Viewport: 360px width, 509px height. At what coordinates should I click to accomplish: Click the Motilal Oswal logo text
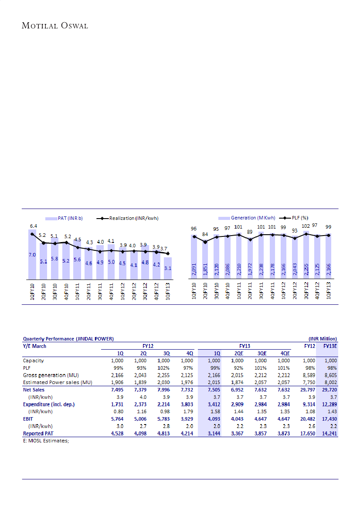tap(55, 26)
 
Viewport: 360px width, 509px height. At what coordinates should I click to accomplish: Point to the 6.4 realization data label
tap(33, 226)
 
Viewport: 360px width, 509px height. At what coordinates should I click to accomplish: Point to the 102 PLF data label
tap(306, 226)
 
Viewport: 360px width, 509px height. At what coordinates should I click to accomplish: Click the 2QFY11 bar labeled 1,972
tap(250, 260)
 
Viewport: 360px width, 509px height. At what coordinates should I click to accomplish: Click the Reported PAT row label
tap(39, 434)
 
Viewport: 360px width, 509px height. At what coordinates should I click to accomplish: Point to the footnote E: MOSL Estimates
tap(47, 440)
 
